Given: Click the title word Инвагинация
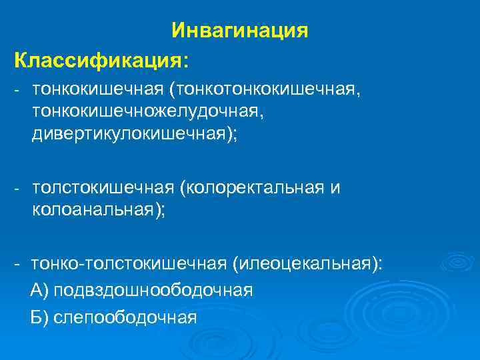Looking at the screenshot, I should point(239,31).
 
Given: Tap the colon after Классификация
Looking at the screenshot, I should point(186,62).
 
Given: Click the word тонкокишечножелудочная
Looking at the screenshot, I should point(147,111).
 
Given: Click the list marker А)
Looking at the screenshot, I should point(39,291).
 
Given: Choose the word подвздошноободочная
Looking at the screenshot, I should point(153,291).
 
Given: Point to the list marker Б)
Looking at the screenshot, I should point(39,317).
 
